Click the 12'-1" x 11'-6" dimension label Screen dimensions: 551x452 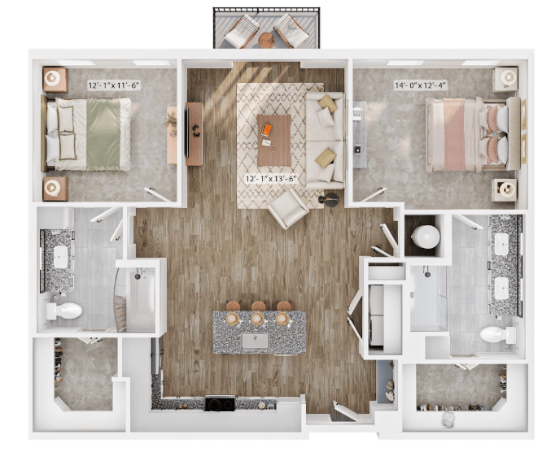point(114,85)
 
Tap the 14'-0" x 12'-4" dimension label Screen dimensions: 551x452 point(421,85)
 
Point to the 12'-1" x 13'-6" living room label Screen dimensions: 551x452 point(271,179)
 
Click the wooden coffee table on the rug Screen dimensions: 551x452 point(274,141)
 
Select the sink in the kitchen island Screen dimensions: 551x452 point(255,341)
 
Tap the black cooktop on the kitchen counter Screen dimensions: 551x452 point(220,403)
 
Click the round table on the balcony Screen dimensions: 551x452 point(267,40)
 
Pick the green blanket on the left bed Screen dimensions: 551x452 point(103,135)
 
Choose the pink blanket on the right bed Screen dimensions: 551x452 point(454,134)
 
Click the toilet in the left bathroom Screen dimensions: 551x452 point(64,311)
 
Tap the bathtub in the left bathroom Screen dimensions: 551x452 point(142,299)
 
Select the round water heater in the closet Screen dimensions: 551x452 point(425,237)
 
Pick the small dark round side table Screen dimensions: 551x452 point(329,200)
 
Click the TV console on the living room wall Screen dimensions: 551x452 point(195,133)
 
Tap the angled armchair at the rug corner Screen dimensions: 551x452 point(288,208)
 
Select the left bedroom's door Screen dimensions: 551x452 point(158,195)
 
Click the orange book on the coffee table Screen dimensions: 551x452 point(266,129)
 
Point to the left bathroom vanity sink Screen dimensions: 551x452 point(60,257)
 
